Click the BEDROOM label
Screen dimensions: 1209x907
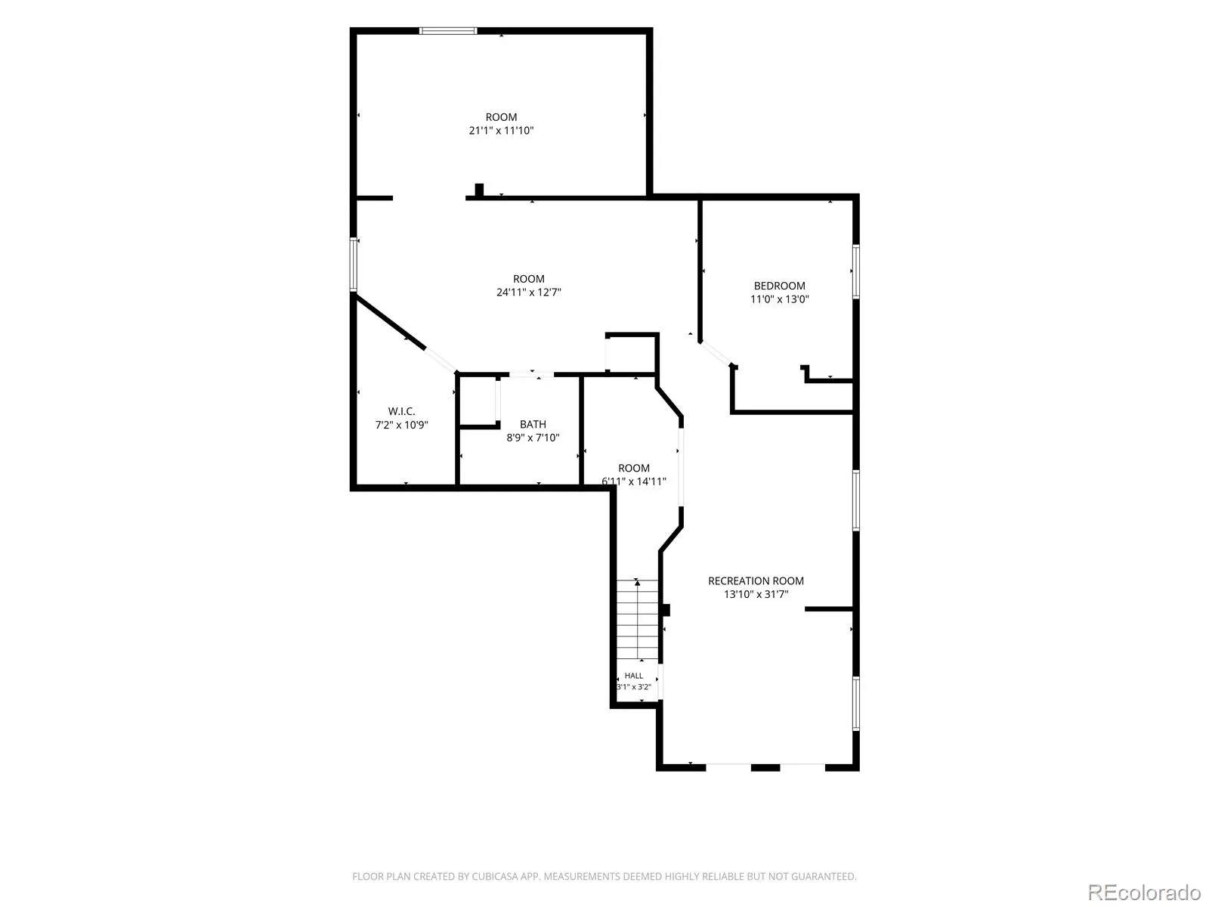[779, 286]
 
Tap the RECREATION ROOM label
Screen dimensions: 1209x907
[756, 581]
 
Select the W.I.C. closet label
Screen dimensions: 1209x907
[401, 411]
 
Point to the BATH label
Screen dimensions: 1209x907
[533, 425]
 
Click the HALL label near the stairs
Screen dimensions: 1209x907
[633, 676]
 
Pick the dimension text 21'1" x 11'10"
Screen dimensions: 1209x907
[501, 131]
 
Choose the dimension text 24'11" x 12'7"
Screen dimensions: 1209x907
[528, 293]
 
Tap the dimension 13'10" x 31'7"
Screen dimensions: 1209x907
[756, 594]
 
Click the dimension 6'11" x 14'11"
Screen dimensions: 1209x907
[633, 481]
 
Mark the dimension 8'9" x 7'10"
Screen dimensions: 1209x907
[533, 438]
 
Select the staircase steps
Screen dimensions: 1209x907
[637, 620]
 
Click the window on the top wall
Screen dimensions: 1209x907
[448, 31]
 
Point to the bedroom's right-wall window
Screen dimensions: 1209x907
[856, 272]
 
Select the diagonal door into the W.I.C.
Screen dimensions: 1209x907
[441, 361]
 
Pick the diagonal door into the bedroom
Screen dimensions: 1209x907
[716, 354]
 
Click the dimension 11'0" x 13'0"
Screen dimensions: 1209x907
[779, 299]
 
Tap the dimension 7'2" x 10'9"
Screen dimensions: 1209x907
[401, 425]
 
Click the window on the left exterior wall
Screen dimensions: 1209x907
[354, 265]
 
